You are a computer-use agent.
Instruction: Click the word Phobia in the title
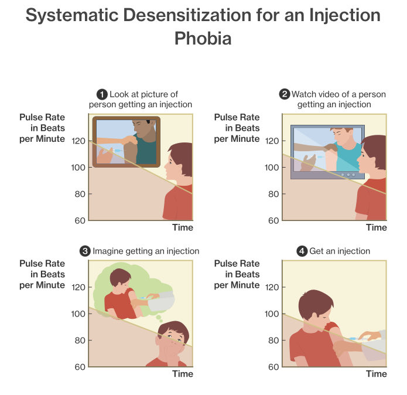[203, 39]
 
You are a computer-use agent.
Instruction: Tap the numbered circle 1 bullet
[101, 94]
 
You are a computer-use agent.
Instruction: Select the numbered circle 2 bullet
[285, 94]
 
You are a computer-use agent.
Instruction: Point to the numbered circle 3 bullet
[85, 251]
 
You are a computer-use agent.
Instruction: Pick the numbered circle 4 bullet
[302, 251]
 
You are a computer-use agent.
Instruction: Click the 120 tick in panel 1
[78, 141]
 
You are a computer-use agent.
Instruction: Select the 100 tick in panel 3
[78, 314]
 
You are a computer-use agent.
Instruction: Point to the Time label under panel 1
[182, 227]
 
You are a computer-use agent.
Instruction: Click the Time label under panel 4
[377, 374]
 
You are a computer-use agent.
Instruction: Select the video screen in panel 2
[327, 151]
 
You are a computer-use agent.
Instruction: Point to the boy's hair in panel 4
[316, 304]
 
